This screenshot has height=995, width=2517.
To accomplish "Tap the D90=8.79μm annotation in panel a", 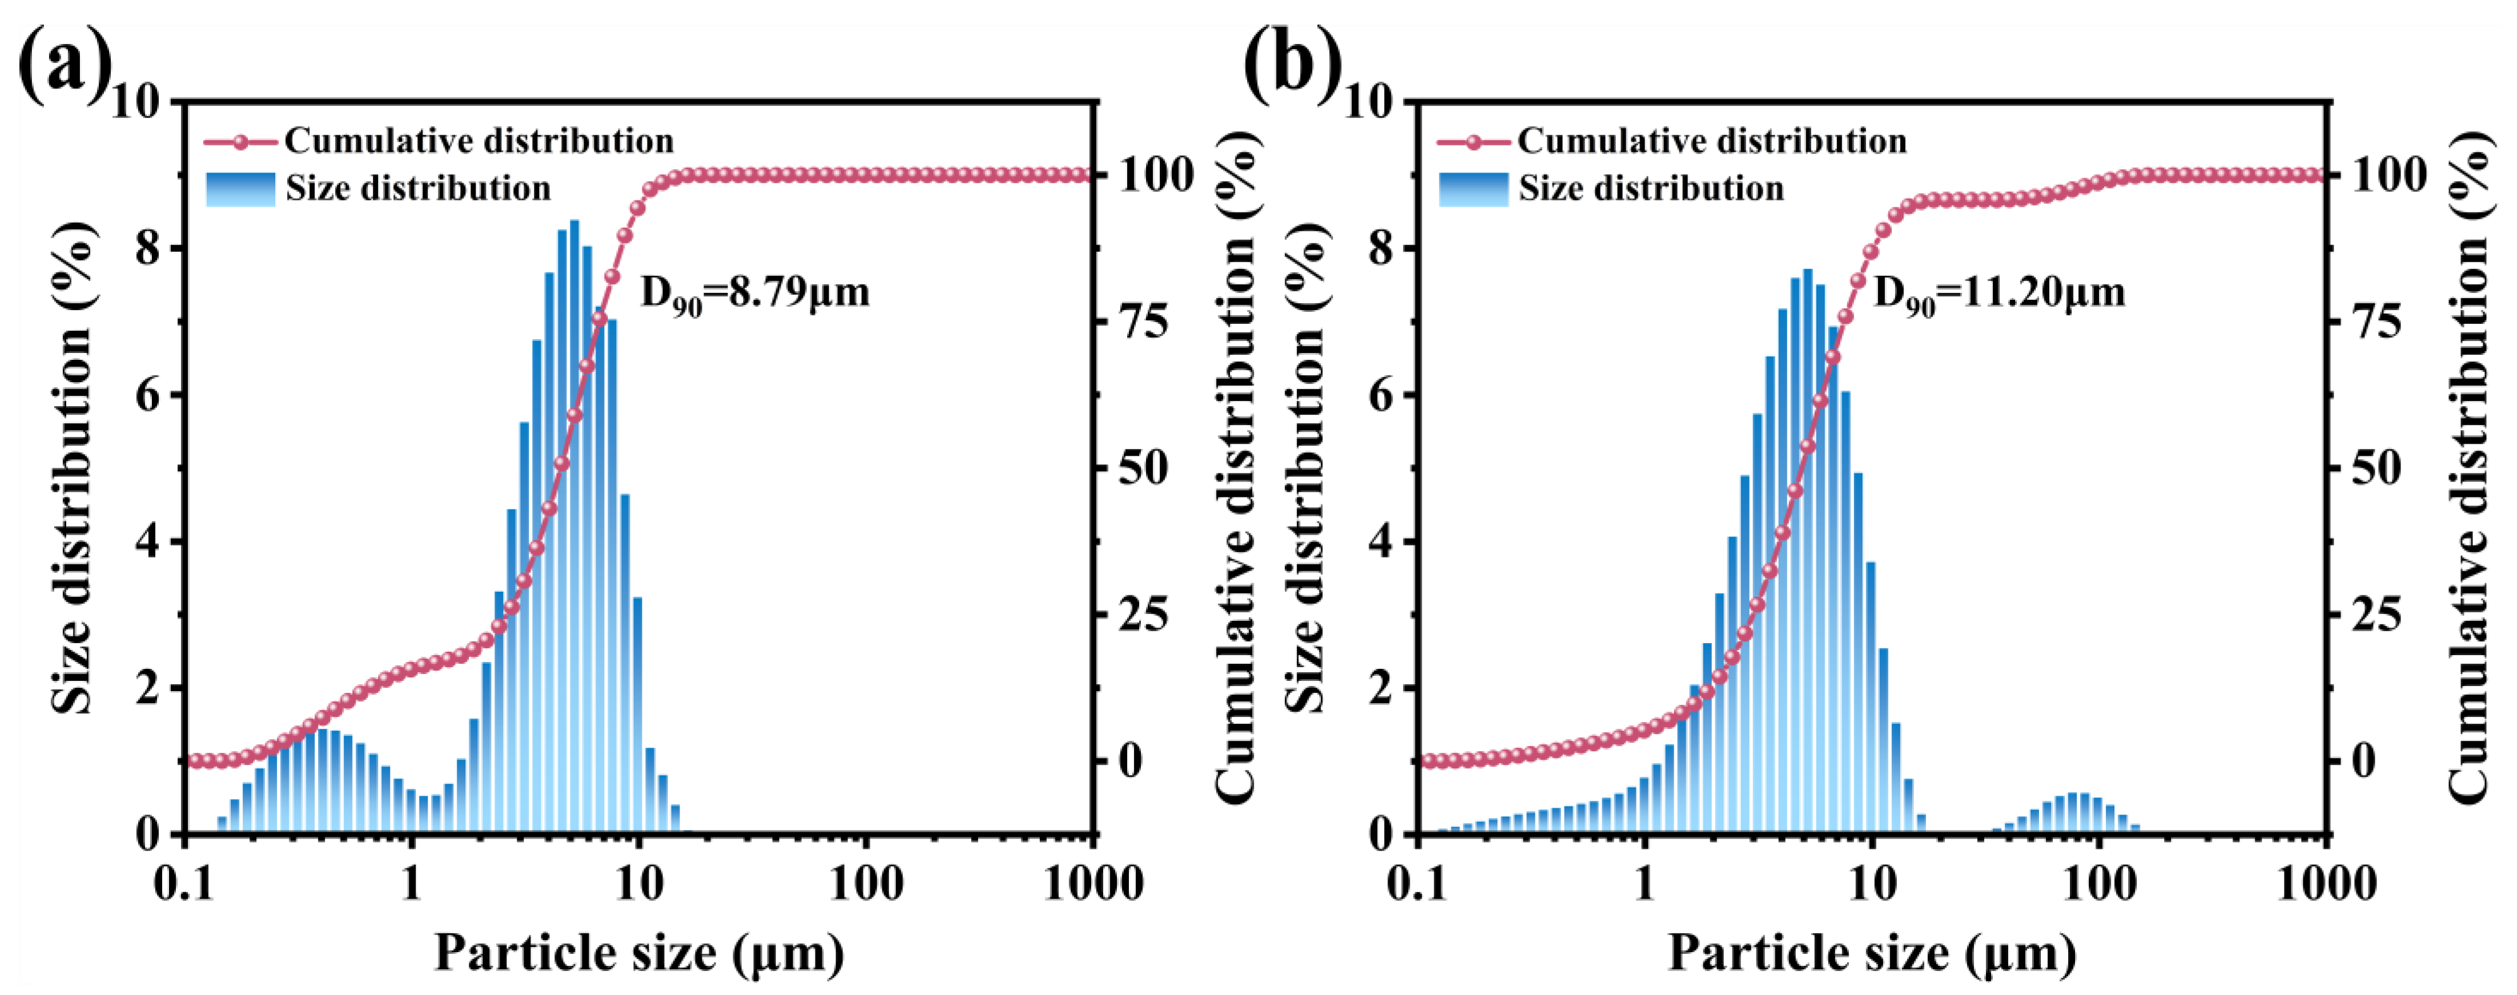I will (754, 293).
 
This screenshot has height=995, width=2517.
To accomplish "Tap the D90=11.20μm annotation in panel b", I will (1998, 293).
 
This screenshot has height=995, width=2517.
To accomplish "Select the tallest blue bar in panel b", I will (1808, 552).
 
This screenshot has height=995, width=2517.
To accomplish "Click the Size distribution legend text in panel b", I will (1651, 188).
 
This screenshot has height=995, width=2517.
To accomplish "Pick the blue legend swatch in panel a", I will (240, 188).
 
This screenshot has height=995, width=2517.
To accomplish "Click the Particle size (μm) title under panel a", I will (639, 953).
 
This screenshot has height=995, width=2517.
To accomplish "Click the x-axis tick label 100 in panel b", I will (2099, 885).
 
